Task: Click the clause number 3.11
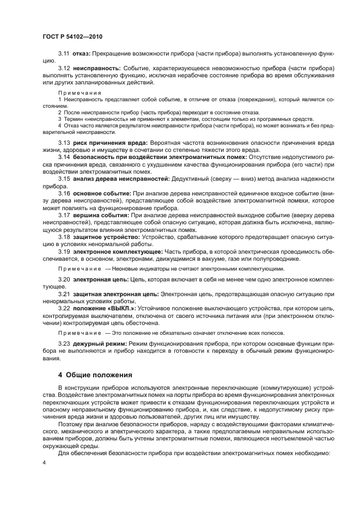coord(64,54)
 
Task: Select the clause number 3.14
coord(64,157)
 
